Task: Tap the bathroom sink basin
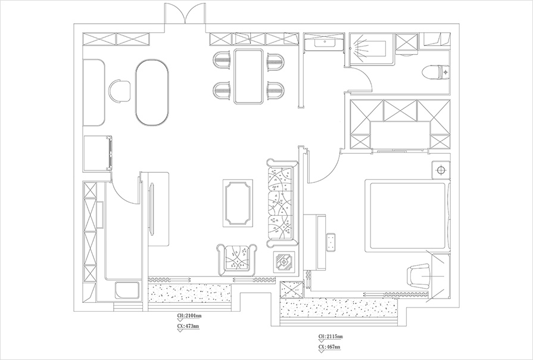click(x=325, y=42)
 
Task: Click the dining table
click(x=248, y=76)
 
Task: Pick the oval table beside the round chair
click(x=152, y=93)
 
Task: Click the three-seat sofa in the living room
click(x=282, y=202)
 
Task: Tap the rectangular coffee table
click(x=238, y=203)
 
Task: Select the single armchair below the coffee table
click(x=236, y=259)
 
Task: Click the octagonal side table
click(x=284, y=262)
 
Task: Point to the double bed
click(x=407, y=216)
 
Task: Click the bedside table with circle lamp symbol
click(x=441, y=169)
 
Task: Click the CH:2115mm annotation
click(x=331, y=336)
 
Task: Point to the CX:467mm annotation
click(x=329, y=347)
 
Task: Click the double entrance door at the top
click(x=185, y=17)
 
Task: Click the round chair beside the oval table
click(x=120, y=91)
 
